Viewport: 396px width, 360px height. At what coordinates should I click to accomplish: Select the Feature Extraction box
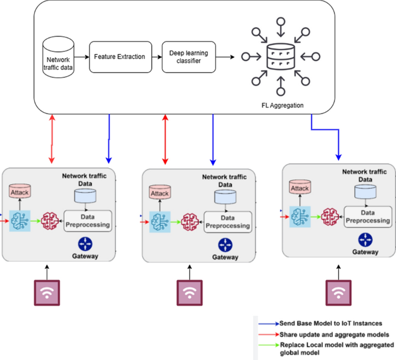(x=120, y=57)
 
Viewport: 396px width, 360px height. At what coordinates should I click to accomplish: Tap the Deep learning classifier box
(x=188, y=57)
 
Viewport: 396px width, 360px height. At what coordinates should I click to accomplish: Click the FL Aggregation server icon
(x=280, y=57)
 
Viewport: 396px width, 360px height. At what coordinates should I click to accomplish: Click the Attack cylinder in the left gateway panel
(x=20, y=191)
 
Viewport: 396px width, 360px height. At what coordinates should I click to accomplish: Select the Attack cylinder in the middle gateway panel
(x=160, y=192)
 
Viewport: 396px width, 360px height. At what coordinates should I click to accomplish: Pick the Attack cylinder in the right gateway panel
(x=299, y=187)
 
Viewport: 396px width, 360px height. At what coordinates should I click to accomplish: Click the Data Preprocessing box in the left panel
(x=86, y=220)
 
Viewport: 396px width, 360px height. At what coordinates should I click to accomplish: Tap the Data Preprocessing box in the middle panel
(x=227, y=221)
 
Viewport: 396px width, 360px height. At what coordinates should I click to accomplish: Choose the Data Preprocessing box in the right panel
(x=367, y=216)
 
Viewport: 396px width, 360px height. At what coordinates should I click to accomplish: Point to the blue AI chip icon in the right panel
(x=300, y=216)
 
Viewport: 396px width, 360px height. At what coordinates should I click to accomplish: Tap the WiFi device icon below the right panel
(x=338, y=292)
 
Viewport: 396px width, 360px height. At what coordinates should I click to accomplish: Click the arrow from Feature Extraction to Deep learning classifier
(x=157, y=57)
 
